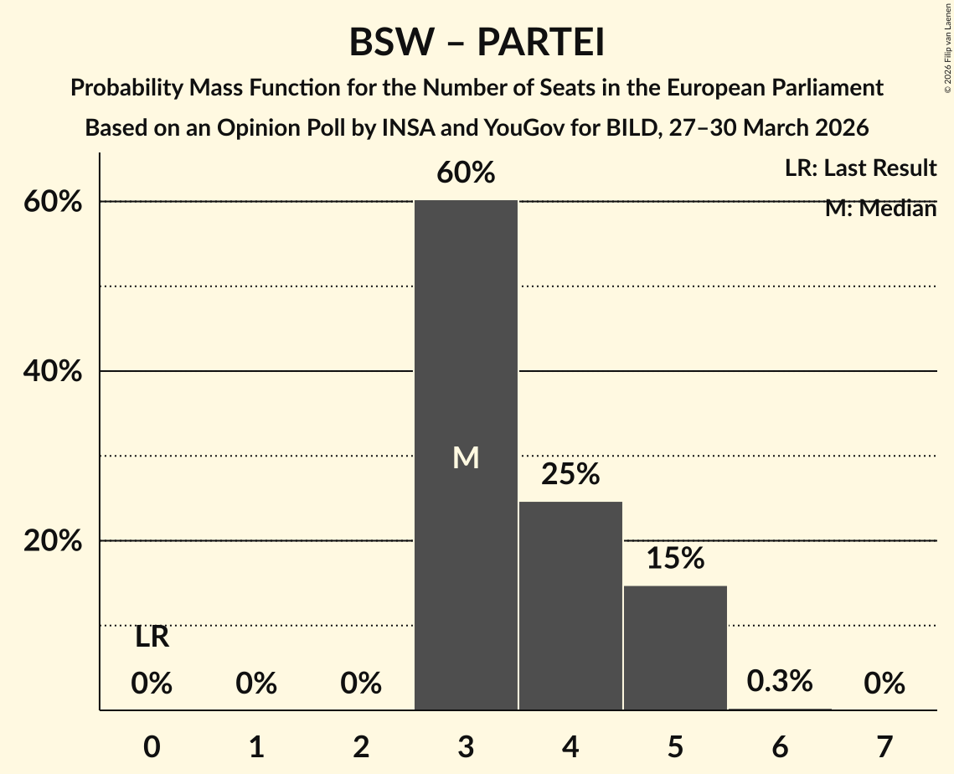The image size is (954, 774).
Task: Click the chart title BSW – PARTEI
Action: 477,42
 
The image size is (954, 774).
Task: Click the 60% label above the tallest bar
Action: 466,173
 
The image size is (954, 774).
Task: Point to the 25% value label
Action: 570,474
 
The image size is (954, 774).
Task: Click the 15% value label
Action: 675,559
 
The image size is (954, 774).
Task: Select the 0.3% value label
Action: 780,681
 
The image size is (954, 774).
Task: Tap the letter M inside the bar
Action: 466,457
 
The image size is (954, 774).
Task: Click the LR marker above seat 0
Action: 152,638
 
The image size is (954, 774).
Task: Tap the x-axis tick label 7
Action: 884,746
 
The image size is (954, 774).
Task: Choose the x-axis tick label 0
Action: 152,746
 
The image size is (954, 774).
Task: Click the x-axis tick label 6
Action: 780,746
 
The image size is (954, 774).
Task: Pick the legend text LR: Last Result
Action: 860,168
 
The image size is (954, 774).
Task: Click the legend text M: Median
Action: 880,209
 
